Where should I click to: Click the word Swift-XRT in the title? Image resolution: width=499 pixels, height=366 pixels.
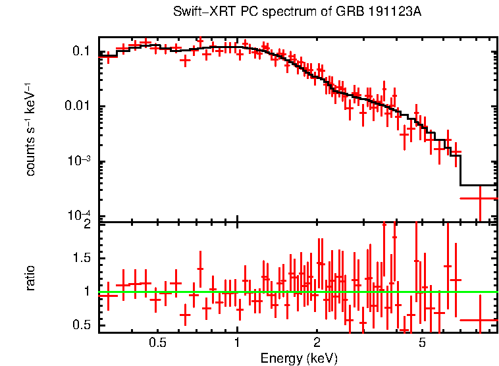pos(197,12)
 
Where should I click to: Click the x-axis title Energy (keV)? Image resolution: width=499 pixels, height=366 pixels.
pos(299,359)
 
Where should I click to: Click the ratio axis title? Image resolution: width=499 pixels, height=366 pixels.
pos(30,278)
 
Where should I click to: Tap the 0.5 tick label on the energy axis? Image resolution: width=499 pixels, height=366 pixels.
pos(157,343)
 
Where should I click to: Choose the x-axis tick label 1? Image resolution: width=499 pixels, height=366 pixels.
pos(237,343)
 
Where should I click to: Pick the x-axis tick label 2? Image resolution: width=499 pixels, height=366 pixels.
pos(317,343)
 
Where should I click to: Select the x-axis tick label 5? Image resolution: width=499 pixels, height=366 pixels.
pos(422,343)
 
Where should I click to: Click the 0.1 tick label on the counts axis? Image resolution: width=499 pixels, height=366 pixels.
pos(82,51)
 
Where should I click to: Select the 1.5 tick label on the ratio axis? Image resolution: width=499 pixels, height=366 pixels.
pos(82,257)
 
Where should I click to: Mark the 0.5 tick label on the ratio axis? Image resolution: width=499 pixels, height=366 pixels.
pos(82,325)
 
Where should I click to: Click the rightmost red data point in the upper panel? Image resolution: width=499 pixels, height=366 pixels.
pos(479,197)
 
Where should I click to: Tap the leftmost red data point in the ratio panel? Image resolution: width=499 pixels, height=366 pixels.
pos(107,296)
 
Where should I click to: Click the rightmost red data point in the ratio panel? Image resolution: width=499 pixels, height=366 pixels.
pos(479,320)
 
